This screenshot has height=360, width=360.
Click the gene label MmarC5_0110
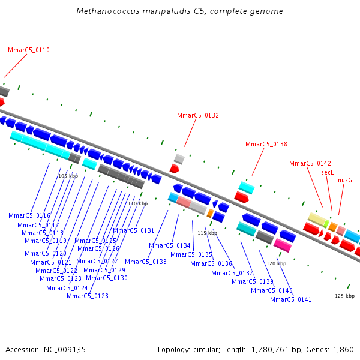[x=29, y=50]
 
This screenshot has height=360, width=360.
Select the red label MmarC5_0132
[x=198, y=115]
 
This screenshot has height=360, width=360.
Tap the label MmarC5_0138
[x=266, y=144]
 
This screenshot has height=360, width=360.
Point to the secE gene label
[x=328, y=172]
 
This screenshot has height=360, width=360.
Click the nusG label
[x=345, y=180]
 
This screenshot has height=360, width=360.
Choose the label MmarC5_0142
[x=310, y=163]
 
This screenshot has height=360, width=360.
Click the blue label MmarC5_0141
[x=290, y=299]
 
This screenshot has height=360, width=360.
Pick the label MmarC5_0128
[x=88, y=296]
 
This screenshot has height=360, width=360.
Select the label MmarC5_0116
[x=29, y=215]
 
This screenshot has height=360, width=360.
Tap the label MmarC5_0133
[x=146, y=262]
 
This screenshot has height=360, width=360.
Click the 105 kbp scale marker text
[x=68, y=176]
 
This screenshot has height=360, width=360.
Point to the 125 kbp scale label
[x=344, y=296]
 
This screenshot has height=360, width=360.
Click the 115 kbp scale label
[x=207, y=233]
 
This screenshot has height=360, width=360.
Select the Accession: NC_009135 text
[x=46, y=349]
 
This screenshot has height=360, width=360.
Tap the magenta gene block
[x=283, y=245]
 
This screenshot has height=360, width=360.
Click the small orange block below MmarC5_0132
[x=210, y=213]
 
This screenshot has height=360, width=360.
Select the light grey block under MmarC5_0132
[x=179, y=158]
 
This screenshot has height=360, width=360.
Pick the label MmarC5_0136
[x=211, y=263]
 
